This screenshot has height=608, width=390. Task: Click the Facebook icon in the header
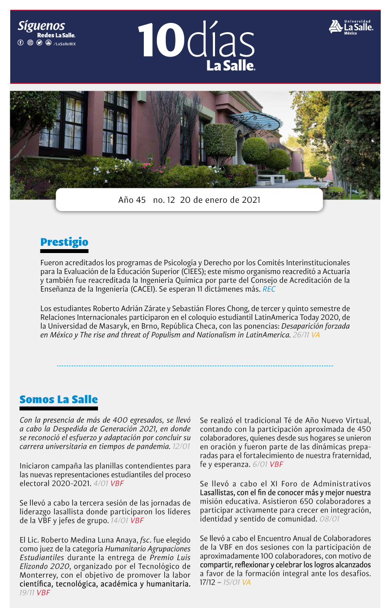(20, 43)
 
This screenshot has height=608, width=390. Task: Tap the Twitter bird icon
(39, 43)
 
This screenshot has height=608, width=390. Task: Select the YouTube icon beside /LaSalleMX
(48, 43)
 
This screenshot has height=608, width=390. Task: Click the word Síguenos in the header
(41, 26)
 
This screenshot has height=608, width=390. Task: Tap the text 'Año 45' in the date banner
(132, 200)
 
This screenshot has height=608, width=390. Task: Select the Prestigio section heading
(64, 242)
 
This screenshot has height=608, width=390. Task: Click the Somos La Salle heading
(58, 399)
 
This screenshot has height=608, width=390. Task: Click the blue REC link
(269, 289)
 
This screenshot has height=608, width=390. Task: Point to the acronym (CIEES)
(197, 271)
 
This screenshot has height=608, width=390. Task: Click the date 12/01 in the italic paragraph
(181, 446)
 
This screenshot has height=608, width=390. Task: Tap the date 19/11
(27, 592)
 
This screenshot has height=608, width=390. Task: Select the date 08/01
(330, 519)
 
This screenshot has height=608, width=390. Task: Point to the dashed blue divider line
(195, 366)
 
